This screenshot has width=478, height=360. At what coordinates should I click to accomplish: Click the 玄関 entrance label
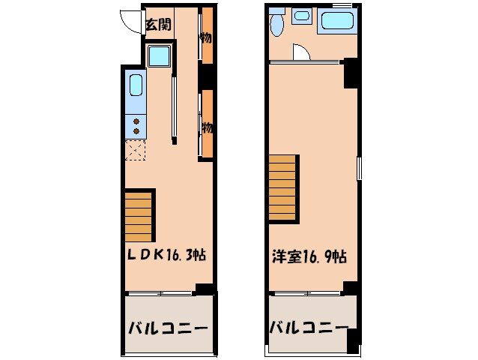(x=158, y=25)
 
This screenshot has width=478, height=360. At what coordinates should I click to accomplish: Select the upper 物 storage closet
(x=207, y=36)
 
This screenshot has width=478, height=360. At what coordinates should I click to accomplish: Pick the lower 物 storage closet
(x=207, y=125)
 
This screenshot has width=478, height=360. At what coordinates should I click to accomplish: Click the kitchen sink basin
(x=136, y=86)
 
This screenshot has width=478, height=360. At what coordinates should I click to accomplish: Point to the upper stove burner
(x=136, y=120)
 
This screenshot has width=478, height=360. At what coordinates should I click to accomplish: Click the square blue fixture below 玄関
(x=159, y=56)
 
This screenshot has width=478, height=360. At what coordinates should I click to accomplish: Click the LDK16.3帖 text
(x=166, y=256)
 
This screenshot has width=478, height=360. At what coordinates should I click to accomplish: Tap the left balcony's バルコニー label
(x=167, y=328)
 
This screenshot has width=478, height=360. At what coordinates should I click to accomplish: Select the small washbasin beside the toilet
(x=303, y=16)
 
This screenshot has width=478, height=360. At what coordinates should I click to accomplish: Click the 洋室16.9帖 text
(x=308, y=256)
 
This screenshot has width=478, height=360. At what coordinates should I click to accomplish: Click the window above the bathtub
(x=341, y=4)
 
